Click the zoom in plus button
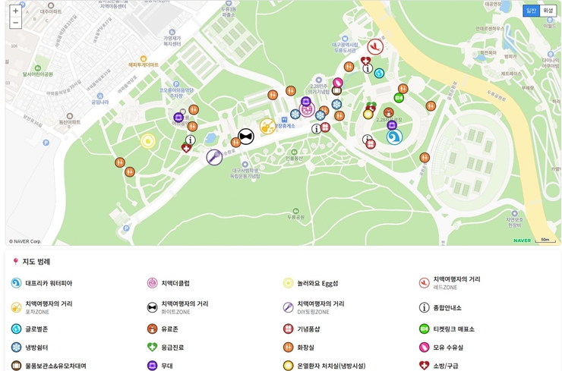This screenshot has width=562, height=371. (15, 11)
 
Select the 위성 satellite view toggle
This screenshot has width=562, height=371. (548, 11)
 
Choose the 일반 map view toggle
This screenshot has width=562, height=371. (531, 11)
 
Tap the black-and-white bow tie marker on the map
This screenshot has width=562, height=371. (245, 136)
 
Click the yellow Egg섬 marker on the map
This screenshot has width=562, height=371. (147, 140)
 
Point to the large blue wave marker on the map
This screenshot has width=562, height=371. (393, 137)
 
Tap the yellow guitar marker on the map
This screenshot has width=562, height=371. (267, 126)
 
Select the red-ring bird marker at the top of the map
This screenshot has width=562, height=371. (374, 46)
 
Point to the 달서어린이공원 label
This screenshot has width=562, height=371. (38, 74)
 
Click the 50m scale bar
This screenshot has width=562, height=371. (545, 240)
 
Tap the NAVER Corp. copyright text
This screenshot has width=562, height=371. (25, 241)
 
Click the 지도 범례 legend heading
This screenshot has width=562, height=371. (36, 262)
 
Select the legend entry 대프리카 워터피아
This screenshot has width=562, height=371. (49, 283)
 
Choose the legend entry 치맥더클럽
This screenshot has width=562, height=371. (175, 283)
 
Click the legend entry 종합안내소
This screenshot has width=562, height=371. (447, 307)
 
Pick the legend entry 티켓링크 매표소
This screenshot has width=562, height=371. (453, 329)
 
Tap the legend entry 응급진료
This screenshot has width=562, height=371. (172, 347)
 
